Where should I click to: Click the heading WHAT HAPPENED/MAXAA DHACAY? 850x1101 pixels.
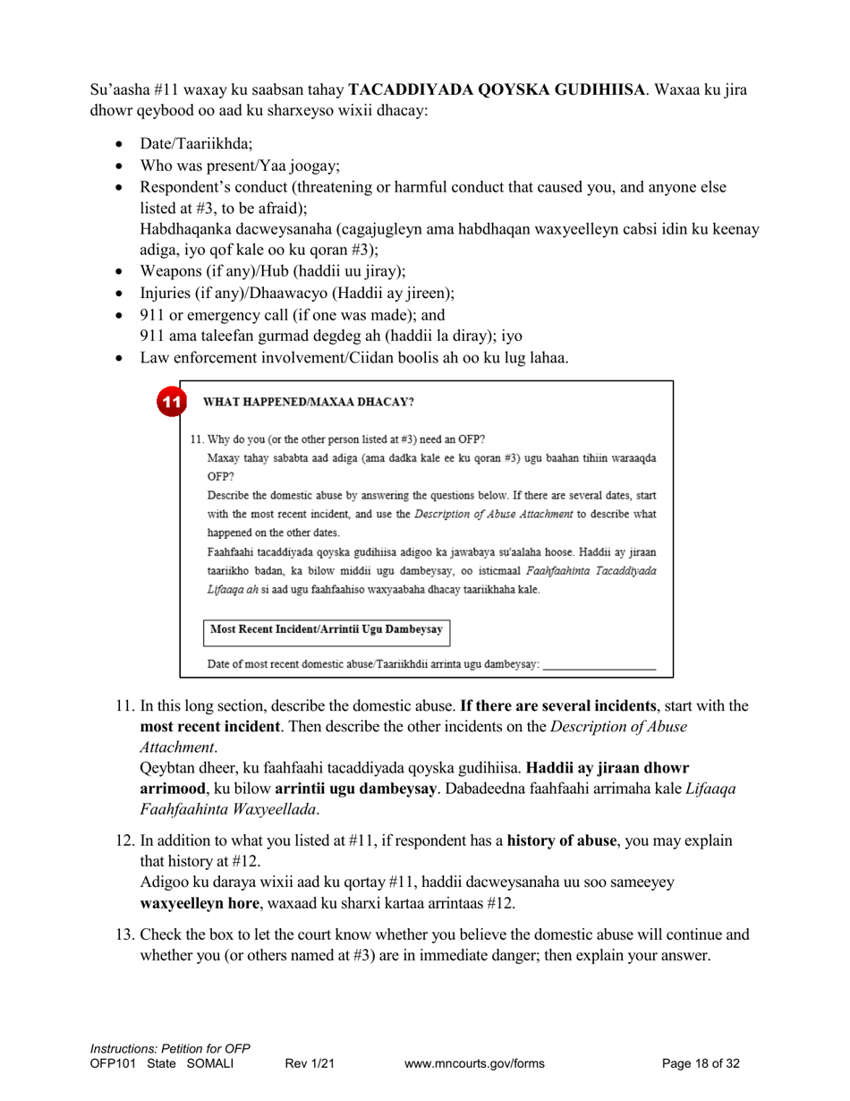click(x=309, y=402)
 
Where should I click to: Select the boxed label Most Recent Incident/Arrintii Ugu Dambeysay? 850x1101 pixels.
click(x=327, y=630)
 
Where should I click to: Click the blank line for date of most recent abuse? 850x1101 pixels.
click(x=599, y=665)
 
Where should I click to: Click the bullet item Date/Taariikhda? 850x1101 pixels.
click(x=196, y=143)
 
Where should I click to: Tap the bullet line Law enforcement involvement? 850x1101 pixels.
click(x=353, y=358)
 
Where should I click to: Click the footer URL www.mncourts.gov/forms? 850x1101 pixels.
click(x=474, y=1064)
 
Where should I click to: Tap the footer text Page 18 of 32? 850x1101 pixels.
click(x=701, y=1064)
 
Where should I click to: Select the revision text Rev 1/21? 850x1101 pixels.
click(x=310, y=1064)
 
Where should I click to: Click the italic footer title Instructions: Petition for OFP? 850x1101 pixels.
click(x=170, y=1049)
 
